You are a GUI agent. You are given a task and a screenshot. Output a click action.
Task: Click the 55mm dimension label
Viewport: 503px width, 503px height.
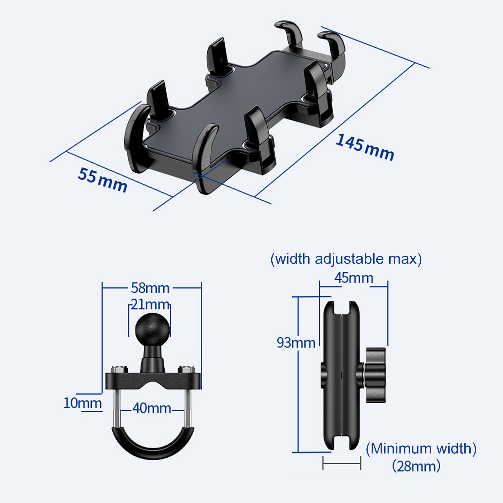(x=102, y=180)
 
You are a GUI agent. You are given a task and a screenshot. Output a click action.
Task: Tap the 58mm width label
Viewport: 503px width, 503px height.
(x=150, y=288)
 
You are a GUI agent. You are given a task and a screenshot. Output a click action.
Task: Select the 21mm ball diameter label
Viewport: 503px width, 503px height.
(x=150, y=304)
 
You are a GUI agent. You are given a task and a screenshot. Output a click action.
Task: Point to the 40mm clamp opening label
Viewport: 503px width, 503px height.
(x=152, y=408)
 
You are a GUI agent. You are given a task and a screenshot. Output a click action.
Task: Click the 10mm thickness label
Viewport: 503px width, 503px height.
(x=82, y=403)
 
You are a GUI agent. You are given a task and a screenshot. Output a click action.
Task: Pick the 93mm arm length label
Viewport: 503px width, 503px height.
(x=296, y=342)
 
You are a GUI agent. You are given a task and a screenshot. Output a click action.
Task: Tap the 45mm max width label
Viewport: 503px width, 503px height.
(x=354, y=278)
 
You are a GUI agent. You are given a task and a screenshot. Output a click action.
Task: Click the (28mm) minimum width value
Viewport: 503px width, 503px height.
(x=416, y=466)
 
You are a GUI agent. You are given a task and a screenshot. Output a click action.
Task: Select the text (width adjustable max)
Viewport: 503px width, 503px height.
(x=346, y=259)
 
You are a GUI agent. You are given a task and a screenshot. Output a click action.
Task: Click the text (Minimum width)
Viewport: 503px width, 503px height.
(x=421, y=448)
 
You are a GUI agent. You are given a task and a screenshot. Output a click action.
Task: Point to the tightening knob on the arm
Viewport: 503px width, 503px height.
(x=375, y=375)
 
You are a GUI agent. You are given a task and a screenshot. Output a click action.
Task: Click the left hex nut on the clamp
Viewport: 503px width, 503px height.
(x=119, y=369)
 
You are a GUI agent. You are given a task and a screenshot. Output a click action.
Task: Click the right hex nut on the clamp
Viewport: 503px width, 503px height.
(x=186, y=369)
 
